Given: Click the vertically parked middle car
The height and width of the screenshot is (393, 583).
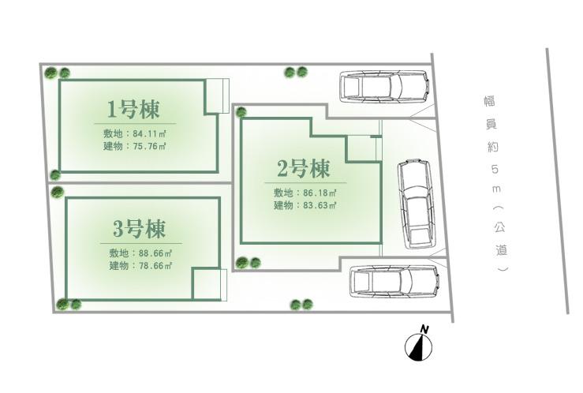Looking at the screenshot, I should tap(417, 203).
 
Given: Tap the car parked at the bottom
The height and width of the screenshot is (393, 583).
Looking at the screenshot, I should tap(392, 281).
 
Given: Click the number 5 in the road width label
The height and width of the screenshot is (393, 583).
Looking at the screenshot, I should tap(494, 169).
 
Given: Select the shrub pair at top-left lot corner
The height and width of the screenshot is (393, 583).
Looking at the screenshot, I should tap(58, 73).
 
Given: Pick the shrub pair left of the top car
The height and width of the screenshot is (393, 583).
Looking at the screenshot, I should tap(295, 73).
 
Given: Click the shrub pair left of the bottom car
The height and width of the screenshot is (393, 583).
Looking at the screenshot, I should tap(301, 304).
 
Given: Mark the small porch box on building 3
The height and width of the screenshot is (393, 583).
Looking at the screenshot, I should tap(209, 284).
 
